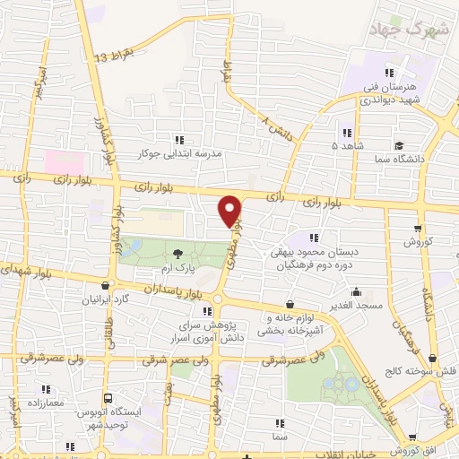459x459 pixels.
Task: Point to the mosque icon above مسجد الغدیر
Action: point(357,291)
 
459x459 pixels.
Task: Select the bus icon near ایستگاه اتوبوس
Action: point(108,397)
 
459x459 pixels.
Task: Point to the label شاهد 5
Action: point(347,144)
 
